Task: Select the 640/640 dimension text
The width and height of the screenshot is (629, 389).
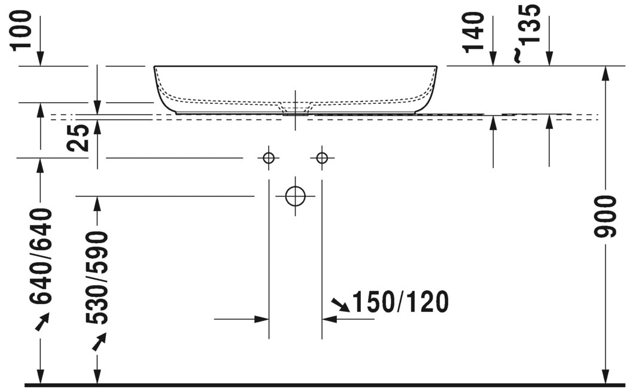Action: click(41, 257)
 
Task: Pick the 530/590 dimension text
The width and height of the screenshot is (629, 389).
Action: click(96, 278)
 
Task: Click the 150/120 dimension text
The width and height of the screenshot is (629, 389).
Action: click(400, 303)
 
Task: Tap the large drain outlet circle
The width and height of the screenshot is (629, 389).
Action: click(295, 196)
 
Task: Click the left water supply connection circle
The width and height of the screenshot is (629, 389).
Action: click(268, 158)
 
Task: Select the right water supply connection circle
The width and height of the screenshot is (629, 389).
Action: click(322, 158)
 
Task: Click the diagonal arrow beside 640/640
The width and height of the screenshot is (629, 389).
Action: click(41, 323)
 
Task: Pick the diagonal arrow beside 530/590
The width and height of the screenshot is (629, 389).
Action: click(98, 342)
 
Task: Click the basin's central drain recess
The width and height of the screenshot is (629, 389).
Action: click(295, 108)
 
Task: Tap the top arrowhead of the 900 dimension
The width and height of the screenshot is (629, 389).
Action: click(606, 73)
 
